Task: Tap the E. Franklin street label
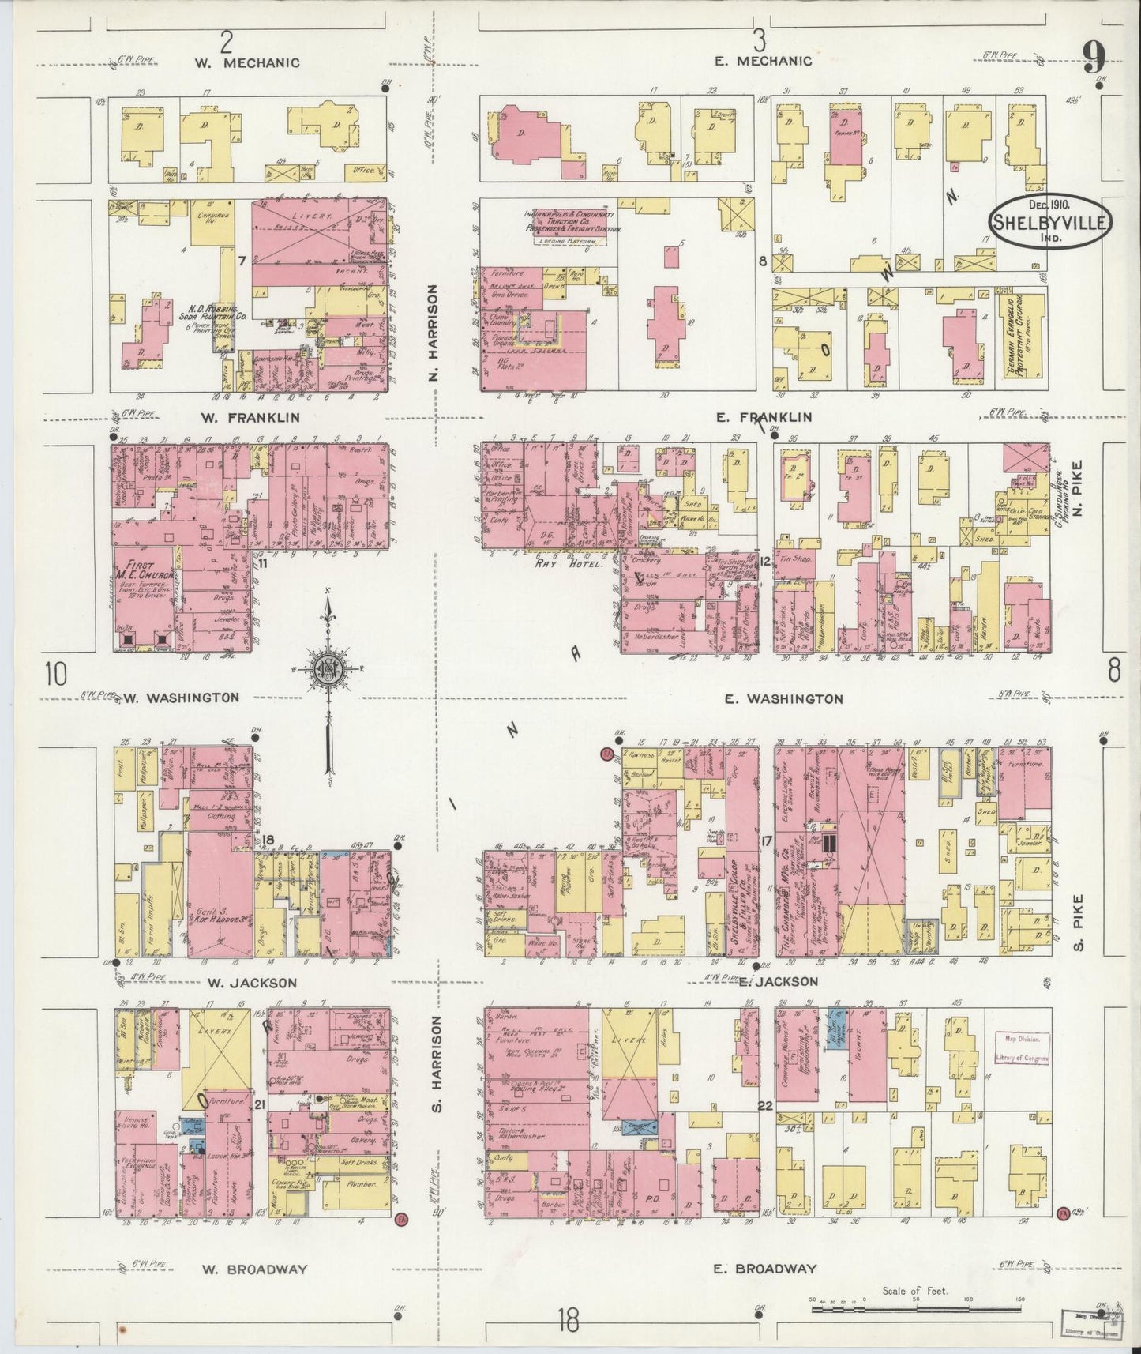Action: [764, 417]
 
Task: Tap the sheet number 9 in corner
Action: [1094, 57]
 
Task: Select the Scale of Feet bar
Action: [916, 1299]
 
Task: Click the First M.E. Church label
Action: [145, 570]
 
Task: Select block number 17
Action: [765, 841]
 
